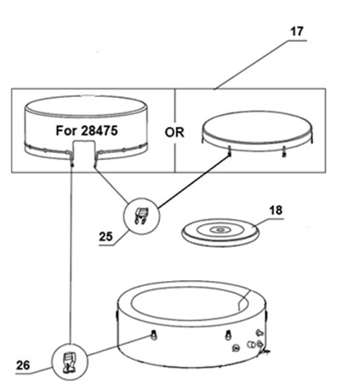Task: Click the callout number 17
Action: [296, 32]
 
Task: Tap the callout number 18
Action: [276, 210]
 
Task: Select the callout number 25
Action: [106, 237]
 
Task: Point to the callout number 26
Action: [23, 365]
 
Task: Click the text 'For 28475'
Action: [87, 131]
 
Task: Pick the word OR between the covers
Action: [174, 133]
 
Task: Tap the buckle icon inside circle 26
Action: [69, 362]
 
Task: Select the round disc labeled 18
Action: [220, 232]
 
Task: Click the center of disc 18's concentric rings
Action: [220, 229]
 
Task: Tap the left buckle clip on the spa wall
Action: [154, 335]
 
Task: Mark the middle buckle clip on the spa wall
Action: [227, 335]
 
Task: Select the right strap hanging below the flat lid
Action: [283, 151]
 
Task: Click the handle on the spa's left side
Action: [117, 314]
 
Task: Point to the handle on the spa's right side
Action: [266, 314]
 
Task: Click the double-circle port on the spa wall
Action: [251, 344]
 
